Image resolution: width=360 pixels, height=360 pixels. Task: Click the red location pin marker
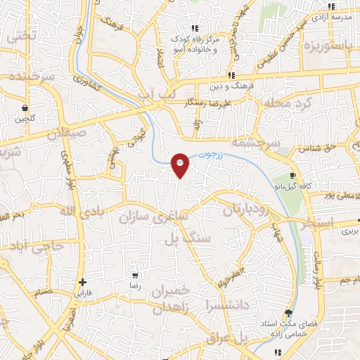tap(181, 164)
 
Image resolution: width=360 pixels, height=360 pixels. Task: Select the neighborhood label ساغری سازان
tap(155, 218)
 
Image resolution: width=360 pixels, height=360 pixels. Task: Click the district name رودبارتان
tap(246, 210)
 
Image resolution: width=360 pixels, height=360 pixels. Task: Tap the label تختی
tap(19, 35)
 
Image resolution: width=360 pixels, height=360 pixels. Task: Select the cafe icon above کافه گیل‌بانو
tap(293, 176)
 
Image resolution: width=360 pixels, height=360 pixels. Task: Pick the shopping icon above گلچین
tap(25, 109)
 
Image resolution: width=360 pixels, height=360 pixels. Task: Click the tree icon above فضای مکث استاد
tap(287, 312)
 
